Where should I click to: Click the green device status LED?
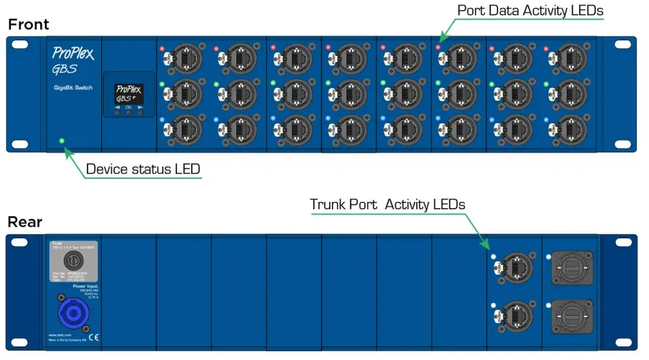click(62, 141)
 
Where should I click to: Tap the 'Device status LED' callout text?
click(143, 168)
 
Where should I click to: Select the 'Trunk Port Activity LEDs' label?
click(387, 204)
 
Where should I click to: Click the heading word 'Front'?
click(28, 25)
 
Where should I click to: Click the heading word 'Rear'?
click(25, 222)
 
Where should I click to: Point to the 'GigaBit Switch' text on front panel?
click(73, 88)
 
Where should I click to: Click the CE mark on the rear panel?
click(94, 338)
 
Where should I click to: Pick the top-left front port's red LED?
click(162, 49)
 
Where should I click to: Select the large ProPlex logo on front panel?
click(73, 53)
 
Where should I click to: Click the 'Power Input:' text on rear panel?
click(85, 286)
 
